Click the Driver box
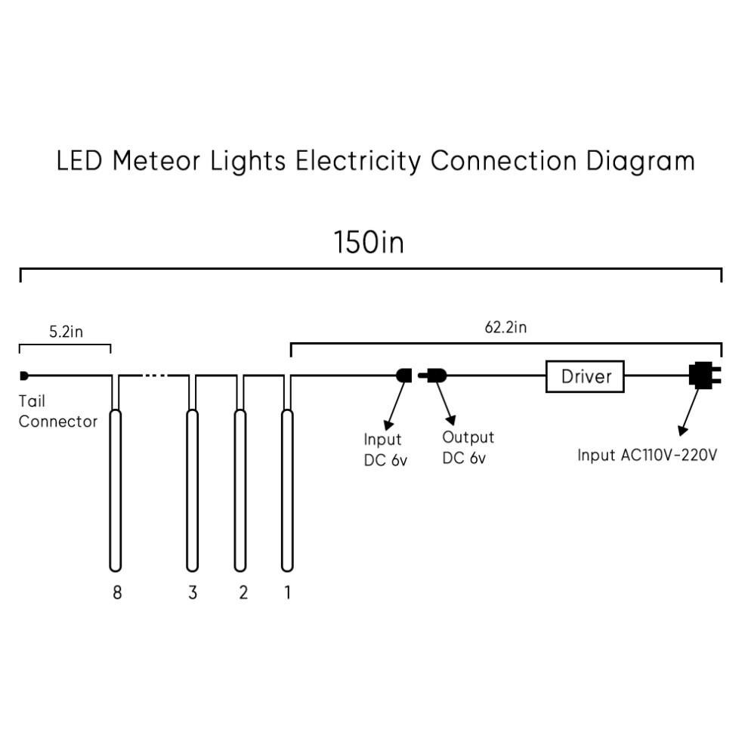[585, 376]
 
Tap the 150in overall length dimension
[369, 242]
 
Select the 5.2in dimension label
[66, 332]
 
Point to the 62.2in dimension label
[505, 327]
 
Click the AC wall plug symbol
[705, 375]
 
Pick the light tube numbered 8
[116, 490]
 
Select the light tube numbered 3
[192, 490]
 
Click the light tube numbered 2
[240, 490]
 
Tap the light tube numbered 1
[287, 490]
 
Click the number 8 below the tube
[117, 592]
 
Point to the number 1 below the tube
[287, 592]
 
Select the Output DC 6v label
[468, 447]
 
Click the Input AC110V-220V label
[648, 455]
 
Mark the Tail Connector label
[57, 411]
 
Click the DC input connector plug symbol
[404, 376]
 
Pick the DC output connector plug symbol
[433, 376]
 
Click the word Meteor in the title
[156, 161]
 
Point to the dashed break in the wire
[155, 376]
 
